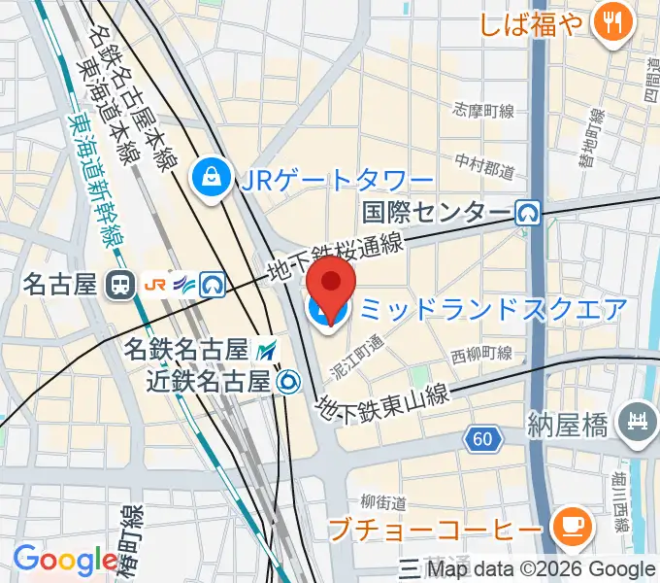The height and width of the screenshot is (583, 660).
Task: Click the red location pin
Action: (x=332, y=283)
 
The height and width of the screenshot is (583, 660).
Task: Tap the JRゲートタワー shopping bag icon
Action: (x=210, y=177)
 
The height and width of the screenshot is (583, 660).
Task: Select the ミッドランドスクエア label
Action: (x=493, y=310)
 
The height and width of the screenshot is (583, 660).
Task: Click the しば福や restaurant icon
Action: (x=612, y=23)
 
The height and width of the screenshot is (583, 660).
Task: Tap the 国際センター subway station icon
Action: (x=527, y=211)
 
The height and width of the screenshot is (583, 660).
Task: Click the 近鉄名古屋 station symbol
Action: (x=287, y=382)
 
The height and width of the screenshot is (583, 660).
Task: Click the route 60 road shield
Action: (x=482, y=440)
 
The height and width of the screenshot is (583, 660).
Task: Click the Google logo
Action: (x=65, y=560)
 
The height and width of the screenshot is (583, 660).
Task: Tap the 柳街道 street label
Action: (x=381, y=502)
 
